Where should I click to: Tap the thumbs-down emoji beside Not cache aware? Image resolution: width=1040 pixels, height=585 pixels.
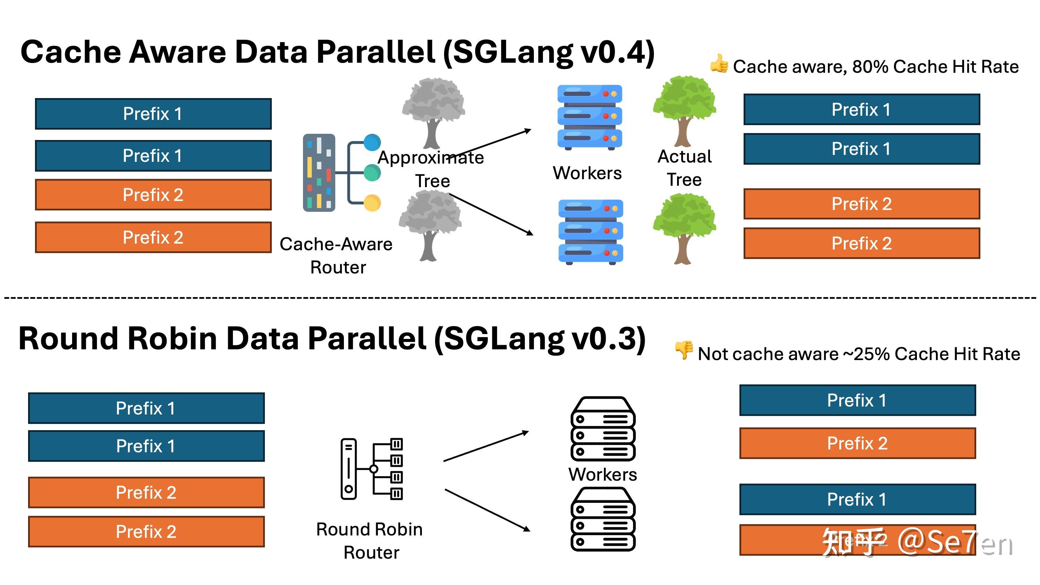[x=684, y=350]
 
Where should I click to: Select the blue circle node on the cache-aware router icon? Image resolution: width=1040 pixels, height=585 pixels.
[x=372, y=142]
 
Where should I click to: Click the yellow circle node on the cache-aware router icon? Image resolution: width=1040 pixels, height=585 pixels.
[x=372, y=203]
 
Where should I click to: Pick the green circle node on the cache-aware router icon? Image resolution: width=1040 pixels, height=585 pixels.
[x=372, y=173]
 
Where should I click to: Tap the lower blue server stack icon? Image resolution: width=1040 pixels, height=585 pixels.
[x=590, y=232]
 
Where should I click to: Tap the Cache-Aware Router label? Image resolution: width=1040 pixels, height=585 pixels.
[x=336, y=255]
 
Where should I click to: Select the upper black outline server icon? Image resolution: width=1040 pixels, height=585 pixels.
[x=603, y=429]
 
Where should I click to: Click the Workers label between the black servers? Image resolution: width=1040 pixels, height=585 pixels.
[x=603, y=474]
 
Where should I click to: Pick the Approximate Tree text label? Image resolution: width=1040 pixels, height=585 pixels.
[x=431, y=169]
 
